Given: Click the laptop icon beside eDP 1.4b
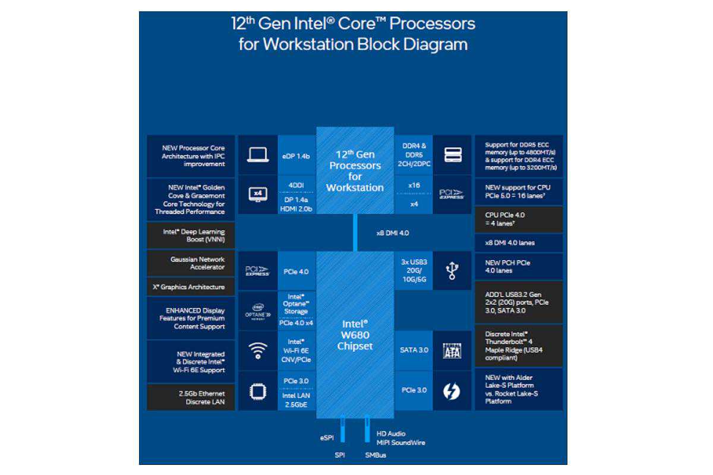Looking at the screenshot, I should (258, 155).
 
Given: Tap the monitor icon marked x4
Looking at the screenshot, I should (258, 194).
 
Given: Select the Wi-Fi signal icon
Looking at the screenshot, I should (257, 350).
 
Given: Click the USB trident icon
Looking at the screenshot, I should (452, 271).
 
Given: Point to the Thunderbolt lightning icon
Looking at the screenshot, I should (452, 391).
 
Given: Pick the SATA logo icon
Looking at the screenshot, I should (452, 350).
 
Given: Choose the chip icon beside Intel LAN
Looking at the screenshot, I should (257, 391).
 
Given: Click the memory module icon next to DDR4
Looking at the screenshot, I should (453, 155).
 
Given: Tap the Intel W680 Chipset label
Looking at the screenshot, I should (355, 335).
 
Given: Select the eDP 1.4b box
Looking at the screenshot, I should (296, 156).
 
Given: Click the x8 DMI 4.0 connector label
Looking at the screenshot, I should (393, 233).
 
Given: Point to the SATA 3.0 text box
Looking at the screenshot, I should (414, 350).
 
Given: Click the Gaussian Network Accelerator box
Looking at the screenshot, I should (190, 263).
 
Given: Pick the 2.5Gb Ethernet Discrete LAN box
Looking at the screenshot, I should (190, 397).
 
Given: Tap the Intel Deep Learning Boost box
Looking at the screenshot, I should (190, 235).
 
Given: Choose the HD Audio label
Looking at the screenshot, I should (391, 434).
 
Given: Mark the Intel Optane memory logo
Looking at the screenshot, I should (257, 311).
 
